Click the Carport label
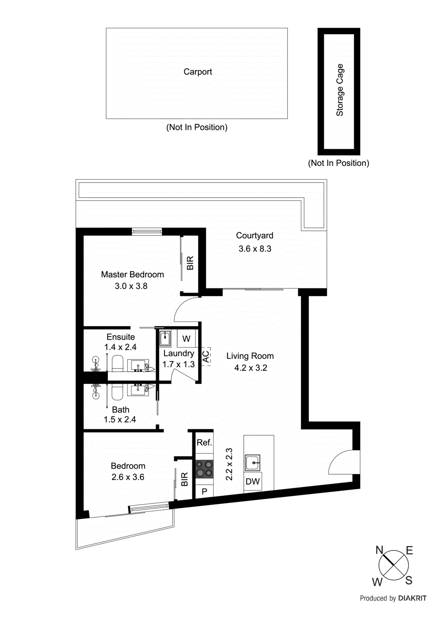point(197,72)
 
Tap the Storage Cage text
point(340,90)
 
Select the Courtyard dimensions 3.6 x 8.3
point(255,249)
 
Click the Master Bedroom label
point(132,275)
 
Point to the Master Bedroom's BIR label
point(190,263)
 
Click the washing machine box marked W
point(186,339)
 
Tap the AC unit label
point(206,356)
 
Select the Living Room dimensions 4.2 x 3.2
point(250,368)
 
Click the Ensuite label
point(121,337)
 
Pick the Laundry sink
point(165,339)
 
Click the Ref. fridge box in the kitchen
point(204,443)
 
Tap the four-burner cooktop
point(204,469)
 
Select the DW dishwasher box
point(253,482)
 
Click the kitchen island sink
point(252,462)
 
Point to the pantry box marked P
point(204,491)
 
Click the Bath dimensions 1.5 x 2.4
point(119,420)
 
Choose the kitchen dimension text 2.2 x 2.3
point(229,464)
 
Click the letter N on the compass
point(379,550)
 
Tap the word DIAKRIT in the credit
point(412,598)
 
